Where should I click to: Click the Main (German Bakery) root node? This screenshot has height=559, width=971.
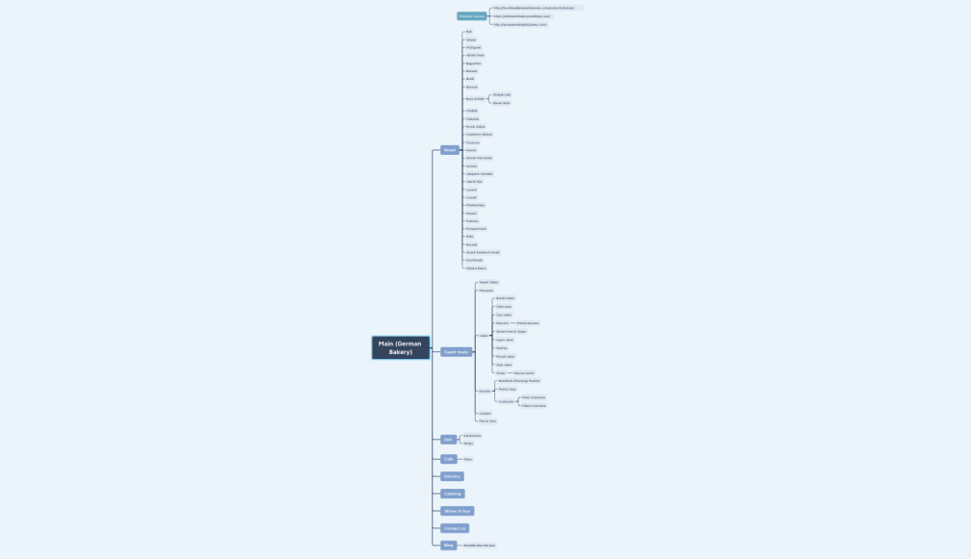[400, 347]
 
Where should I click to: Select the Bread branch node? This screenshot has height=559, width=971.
[450, 150]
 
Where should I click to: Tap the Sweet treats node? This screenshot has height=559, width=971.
[457, 352]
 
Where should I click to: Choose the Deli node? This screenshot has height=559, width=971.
[448, 440]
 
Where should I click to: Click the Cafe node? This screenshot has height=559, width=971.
[448, 459]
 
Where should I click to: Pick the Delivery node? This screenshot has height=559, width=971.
[452, 476]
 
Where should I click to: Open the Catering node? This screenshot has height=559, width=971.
[452, 494]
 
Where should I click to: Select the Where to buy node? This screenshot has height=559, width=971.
[457, 511]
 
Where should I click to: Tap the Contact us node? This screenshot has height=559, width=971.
[454, 528]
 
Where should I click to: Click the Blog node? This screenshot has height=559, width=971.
[448, 546]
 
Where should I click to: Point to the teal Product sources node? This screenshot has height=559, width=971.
[472, 16]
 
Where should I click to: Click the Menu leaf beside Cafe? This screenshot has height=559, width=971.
[468, 459]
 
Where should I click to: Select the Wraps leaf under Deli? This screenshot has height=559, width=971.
[468, 444]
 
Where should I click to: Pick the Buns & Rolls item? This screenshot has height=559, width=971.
[475, 99]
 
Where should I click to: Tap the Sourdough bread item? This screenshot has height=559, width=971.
[474, 260]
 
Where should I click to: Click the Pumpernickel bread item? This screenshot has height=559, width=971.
[476, 229]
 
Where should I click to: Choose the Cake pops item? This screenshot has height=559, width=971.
[504, 306]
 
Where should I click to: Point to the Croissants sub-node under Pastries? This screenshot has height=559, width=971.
[506, 401]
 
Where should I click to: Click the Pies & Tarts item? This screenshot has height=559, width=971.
[487, 420]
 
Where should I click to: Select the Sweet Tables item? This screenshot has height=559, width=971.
[488, 282]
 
